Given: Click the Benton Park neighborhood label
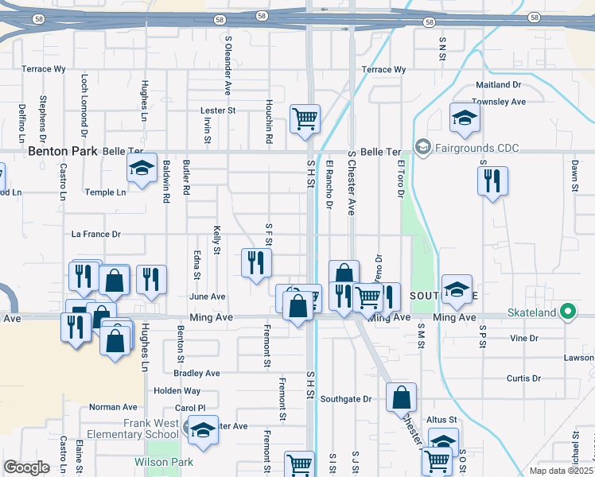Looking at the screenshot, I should [62, 150].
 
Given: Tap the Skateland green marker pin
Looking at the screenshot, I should [567, 312].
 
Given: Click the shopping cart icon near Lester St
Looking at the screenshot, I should [305, 118].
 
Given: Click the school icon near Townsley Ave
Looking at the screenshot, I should [465, 118].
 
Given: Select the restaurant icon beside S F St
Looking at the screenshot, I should [256, 262].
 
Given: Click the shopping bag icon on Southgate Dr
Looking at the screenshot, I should [402, 397].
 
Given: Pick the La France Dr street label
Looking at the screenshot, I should [95, 235].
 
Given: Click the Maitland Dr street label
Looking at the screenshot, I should [498, 84].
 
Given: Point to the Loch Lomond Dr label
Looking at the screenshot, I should [84, 103].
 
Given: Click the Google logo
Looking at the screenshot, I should [26, 467].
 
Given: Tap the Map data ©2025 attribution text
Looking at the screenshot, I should [561, 471].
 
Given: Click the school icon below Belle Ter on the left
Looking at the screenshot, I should [142, 168].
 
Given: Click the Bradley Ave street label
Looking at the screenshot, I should [196, 373].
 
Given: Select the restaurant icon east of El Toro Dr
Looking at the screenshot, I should [492, 182].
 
